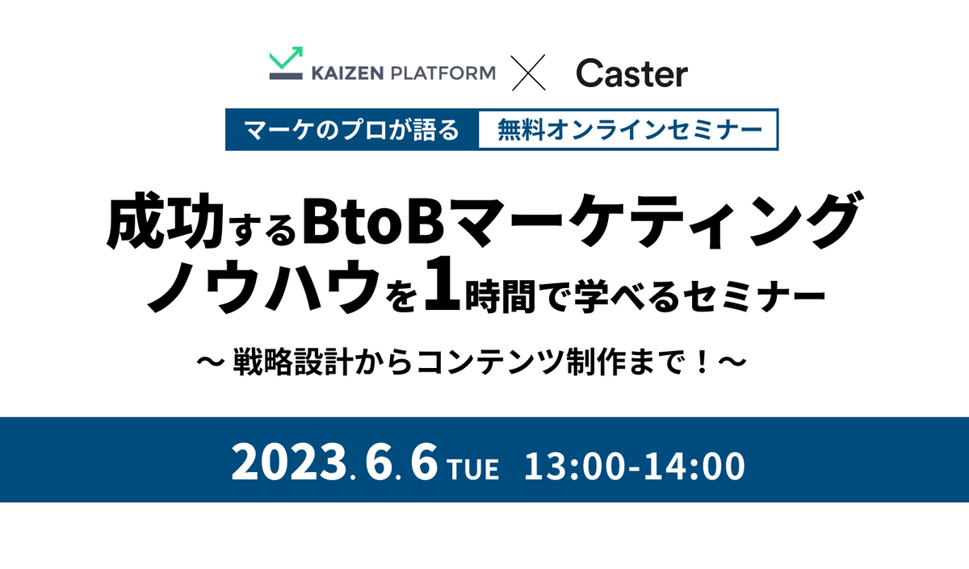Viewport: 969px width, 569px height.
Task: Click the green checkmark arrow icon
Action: [286, 57]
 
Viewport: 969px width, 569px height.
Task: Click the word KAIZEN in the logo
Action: [347, 73]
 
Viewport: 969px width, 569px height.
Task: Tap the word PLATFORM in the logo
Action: [443, 73]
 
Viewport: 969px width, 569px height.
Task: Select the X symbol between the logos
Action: [529, 73]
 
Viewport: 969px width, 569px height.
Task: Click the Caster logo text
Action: [631, 73]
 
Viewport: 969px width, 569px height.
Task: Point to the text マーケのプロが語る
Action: [351, 130]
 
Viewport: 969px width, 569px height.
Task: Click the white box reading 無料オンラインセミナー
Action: [627, 130]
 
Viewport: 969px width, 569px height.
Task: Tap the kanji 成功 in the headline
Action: [165, 220]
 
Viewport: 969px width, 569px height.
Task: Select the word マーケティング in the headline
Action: [655, 220]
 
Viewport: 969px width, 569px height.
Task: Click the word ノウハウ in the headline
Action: [262, 286]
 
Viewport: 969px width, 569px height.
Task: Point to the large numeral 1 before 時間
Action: [442, 283]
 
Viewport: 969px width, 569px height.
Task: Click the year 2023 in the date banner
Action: [289, 462]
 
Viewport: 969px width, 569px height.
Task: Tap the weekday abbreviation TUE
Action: [474, 469]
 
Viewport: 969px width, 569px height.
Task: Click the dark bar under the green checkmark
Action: [286, 76]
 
